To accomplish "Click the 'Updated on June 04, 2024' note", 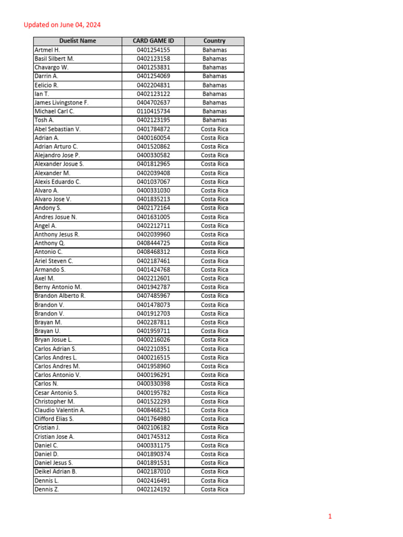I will pos(62,25).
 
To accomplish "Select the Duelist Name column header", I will pos(78,41).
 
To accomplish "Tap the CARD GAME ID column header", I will pos(153,41).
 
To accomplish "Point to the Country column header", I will pos(214,41).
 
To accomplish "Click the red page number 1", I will pos(330,517).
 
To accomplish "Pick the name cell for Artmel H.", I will pos(47,50).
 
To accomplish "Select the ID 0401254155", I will pos(153,50).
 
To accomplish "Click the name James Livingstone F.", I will pos(61,103).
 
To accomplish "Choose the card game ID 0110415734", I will pos(153,111).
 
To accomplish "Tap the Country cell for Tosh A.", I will pos(214,120).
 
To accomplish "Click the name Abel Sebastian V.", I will pos(57,129).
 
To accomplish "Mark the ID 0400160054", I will pos(153,138).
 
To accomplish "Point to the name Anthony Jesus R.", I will pos(57,234).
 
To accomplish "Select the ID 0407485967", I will pos(153,296).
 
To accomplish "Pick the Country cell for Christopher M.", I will pos(214,401).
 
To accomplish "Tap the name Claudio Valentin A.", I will pos(59,410).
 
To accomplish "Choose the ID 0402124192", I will pos(153,489).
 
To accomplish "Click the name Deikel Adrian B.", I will pos(56,471).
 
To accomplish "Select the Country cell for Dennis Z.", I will pos(214,489).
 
